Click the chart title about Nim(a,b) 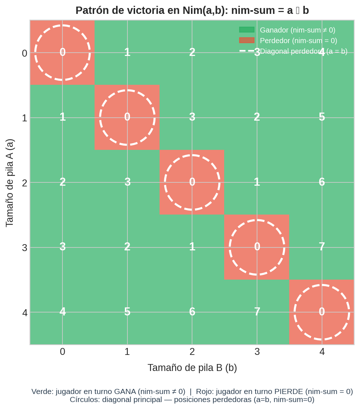pos(192,10)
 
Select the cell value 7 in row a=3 pos(322,247)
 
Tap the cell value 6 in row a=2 pos(322,182)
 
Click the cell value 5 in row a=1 pos(322,117)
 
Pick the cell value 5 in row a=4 pos(127,312)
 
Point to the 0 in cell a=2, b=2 pos(192,182)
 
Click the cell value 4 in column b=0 pos(62,312)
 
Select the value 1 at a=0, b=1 pos(127,52)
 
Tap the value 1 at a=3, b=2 pos(192,247)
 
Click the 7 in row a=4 pos(257,312)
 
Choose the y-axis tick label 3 pos(24,248)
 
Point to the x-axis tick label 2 pos(192,352)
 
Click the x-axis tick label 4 pos(322,352)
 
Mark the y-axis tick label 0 pos(24,53)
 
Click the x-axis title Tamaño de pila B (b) pos(192,368)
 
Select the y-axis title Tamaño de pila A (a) pos(9,183)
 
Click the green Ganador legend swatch pos(246,30)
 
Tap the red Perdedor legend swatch pos(246,41)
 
